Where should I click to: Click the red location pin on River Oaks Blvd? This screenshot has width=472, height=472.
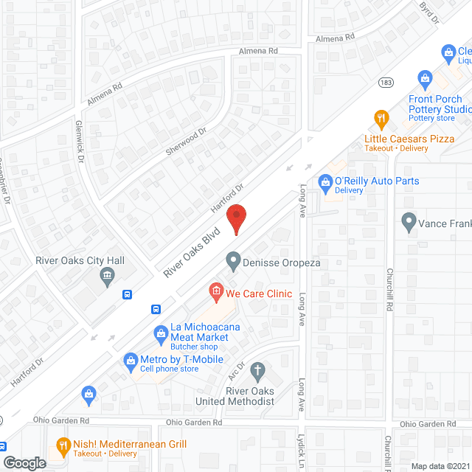click(236, 218)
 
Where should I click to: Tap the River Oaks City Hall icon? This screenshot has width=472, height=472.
click(107, 277)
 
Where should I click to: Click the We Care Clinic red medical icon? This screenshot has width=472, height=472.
click(215, 293)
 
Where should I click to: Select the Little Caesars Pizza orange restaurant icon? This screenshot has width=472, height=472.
click(381, 117)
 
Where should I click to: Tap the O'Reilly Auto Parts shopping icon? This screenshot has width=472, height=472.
click(324, 181)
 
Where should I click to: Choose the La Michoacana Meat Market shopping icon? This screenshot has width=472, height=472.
click(160, 333)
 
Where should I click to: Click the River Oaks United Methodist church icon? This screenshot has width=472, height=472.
click(257, 369)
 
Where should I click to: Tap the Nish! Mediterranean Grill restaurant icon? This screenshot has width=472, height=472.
click(63, 447)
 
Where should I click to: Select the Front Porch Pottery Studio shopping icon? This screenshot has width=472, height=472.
click(424, 77)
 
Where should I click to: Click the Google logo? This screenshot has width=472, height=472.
click(24, 462)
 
